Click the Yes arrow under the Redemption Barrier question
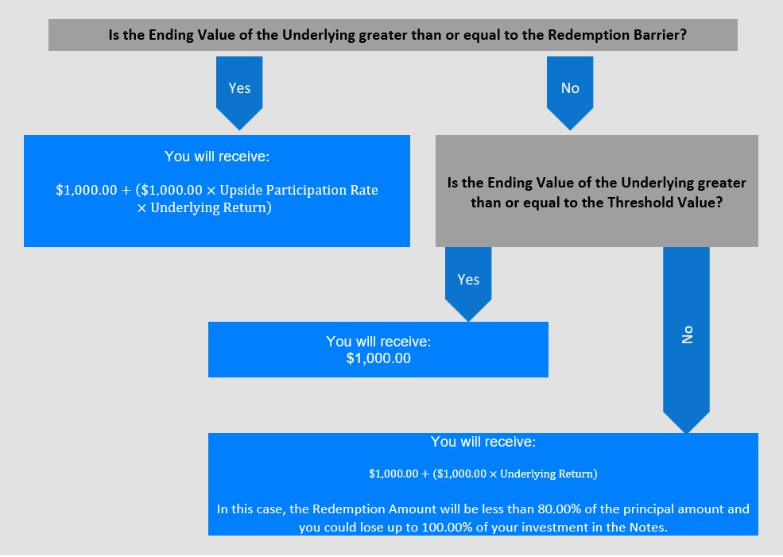239,93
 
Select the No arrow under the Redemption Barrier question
570,93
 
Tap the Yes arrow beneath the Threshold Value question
468,284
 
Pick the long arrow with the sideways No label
686,340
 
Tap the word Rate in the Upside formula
365,190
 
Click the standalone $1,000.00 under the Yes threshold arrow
378,358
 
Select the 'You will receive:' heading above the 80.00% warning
483,442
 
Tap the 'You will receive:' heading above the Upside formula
217,157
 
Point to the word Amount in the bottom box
409,509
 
